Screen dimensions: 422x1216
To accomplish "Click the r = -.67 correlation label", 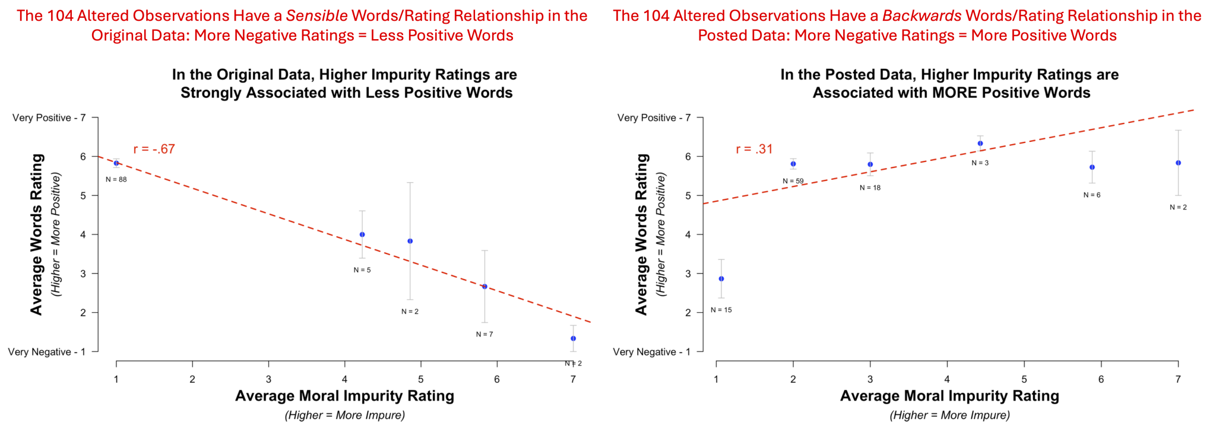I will point(154,149).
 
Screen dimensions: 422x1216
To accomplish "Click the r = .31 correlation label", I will point(754,149).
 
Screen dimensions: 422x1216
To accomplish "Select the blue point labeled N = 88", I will point(116,163).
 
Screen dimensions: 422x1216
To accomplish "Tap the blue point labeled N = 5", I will point(362,234).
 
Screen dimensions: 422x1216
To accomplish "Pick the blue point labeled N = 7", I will point(484,286).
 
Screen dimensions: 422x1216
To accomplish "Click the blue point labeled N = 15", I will point(721,278).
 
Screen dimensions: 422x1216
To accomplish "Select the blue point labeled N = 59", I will point(793,164).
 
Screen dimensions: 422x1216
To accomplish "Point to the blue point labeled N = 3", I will point(980,143).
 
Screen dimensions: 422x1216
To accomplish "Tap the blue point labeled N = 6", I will point(1092,167).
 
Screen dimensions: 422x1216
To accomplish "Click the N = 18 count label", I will point(870,188).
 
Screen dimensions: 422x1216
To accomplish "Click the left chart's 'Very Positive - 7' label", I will point(49,118).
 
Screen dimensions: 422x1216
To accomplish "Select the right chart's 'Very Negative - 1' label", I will point(652,352).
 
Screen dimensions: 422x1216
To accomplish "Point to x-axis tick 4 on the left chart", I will point(345,379).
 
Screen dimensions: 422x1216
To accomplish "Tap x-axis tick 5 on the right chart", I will point(1024,379).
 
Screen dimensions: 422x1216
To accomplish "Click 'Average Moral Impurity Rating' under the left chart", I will point(344,396).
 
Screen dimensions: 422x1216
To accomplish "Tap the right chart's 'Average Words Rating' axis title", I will point(641,234).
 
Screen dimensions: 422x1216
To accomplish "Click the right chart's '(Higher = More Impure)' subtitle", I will point(949,415).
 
